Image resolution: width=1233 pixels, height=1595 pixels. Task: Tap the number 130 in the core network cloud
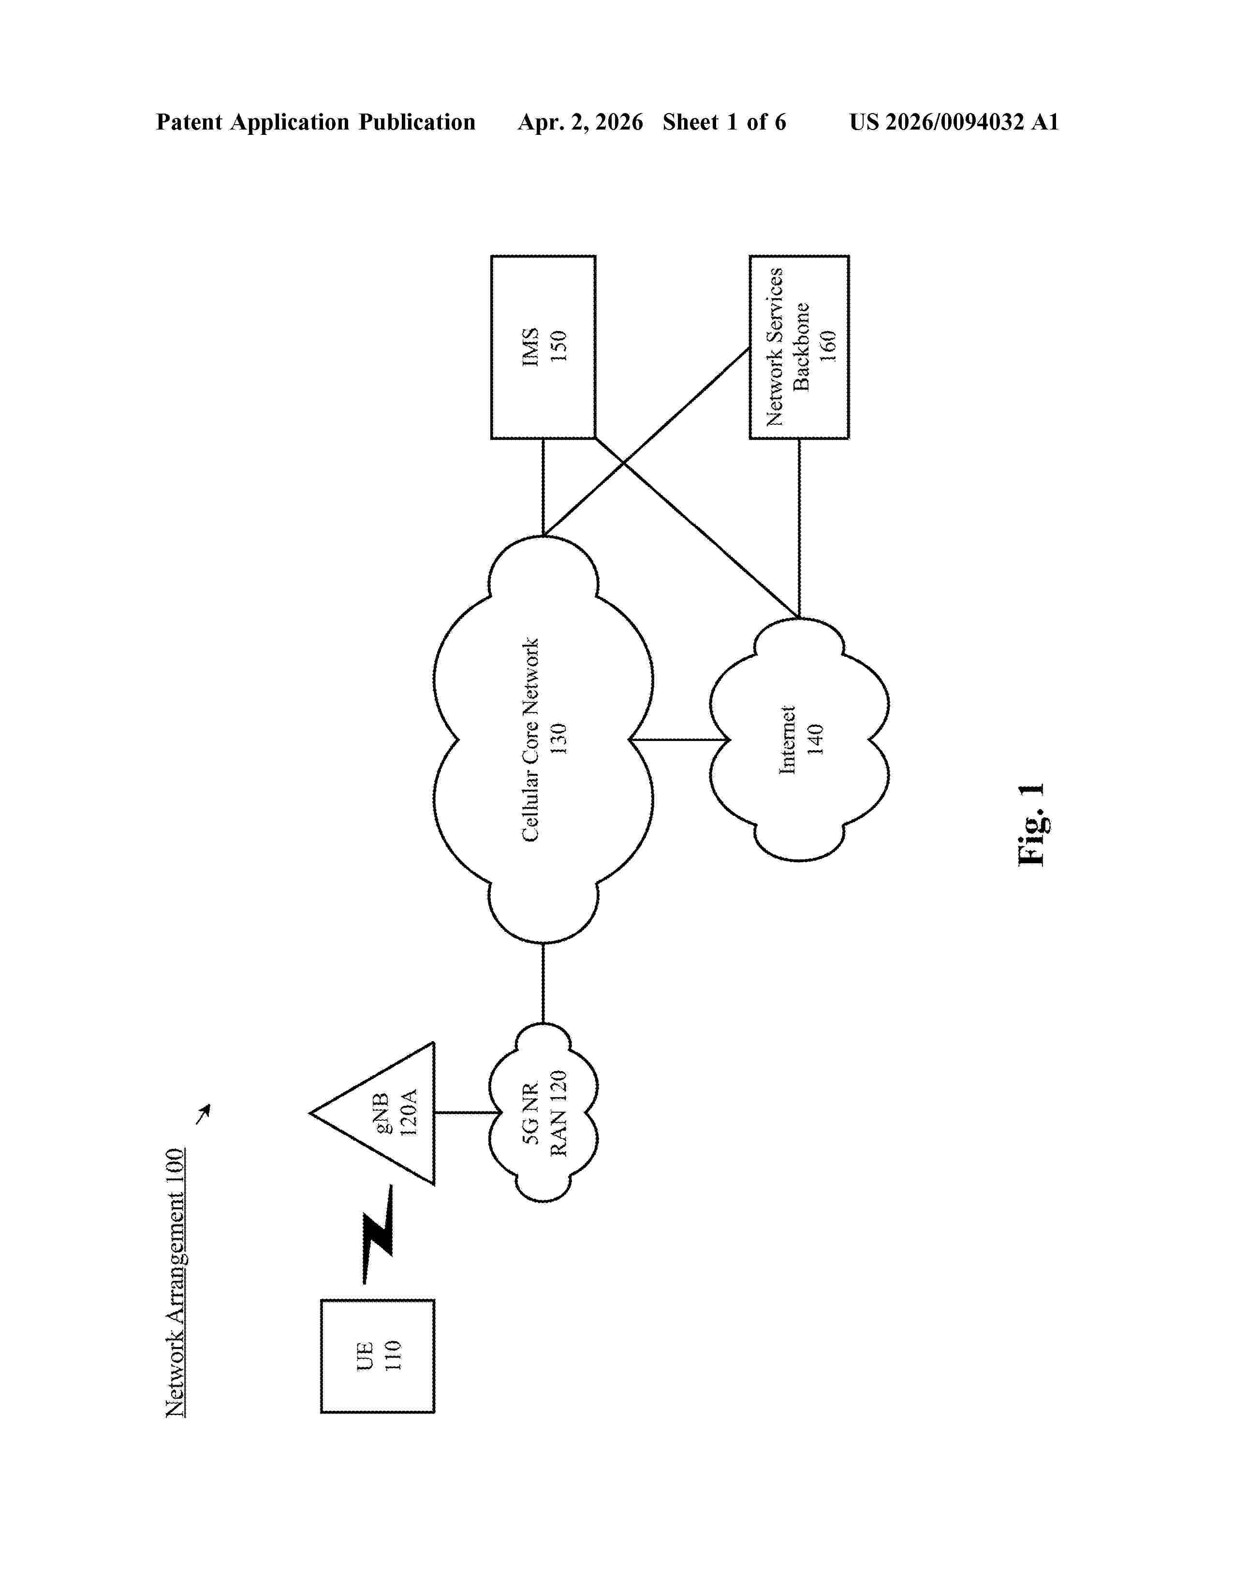[559, 739]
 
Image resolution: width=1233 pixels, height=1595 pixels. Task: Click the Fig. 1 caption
[1031, 825]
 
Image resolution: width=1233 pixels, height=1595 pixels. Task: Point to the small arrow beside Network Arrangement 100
[203, 1114]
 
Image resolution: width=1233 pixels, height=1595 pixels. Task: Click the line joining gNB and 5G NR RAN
[462, 1113]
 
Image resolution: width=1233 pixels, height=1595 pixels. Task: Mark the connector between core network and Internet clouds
[679, 740]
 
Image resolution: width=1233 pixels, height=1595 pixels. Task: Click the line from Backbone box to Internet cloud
[799, 529]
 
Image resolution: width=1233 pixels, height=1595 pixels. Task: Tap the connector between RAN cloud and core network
[543, 984]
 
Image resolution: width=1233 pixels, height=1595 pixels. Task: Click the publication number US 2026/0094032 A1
[954, 122]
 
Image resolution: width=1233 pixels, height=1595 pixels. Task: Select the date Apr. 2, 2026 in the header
[580, 122]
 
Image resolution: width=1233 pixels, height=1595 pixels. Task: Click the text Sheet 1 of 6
[725, 122]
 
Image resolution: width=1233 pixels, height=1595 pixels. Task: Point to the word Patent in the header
[189, 122]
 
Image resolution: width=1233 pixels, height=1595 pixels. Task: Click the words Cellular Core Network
[530, 739]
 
